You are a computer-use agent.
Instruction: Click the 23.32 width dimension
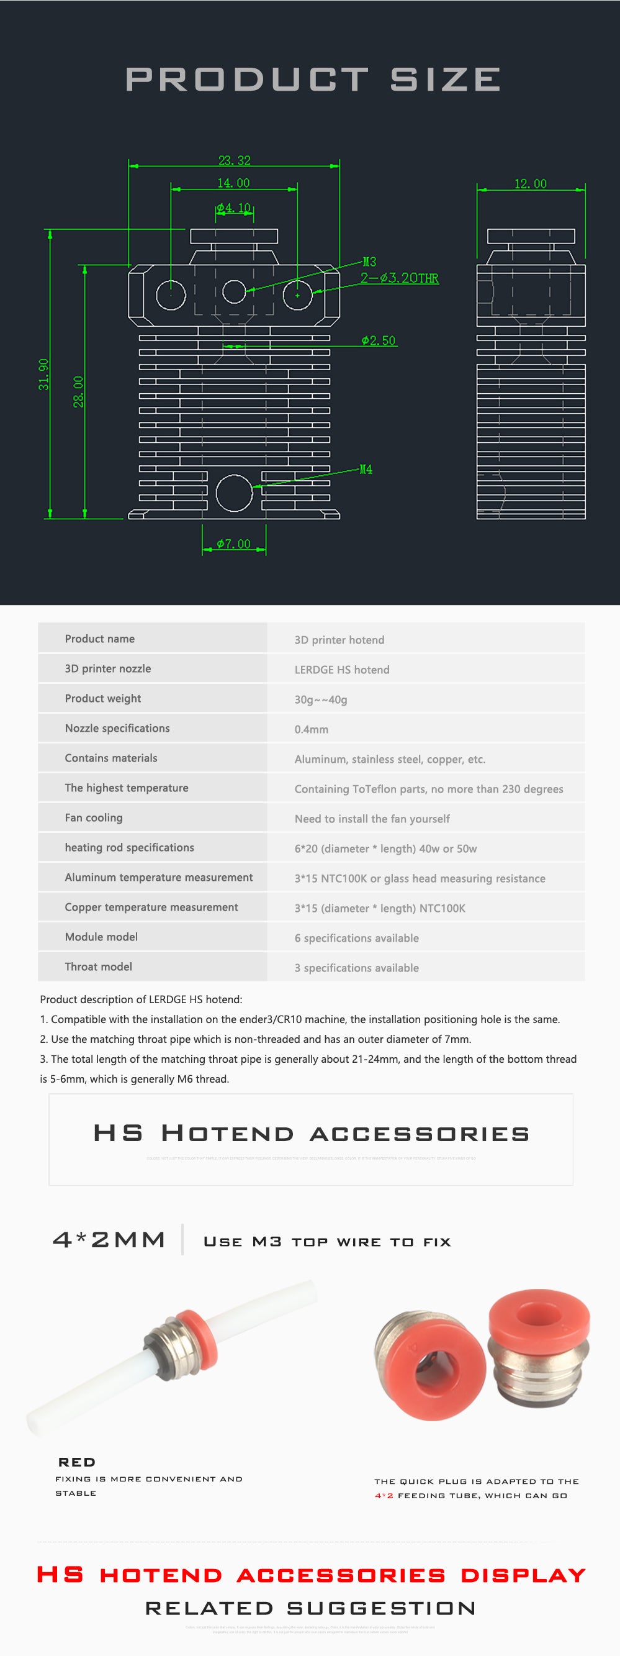point(234,160)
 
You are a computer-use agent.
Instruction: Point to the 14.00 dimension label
point(233,183)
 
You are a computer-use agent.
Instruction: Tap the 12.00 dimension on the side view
point(530,184)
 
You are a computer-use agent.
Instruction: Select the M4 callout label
point(366,470)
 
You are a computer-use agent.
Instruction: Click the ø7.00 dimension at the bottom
point(233,544)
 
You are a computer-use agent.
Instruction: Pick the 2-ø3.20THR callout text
point(399,278)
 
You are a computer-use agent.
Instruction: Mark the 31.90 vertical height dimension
point(43,374)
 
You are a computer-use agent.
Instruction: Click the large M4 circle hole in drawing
point(234,493)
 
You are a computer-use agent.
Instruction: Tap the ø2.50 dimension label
point(379,341)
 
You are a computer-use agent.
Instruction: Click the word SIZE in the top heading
point(445,80)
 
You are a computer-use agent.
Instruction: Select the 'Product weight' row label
point(103,698)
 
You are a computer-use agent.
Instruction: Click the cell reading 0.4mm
point(312,729)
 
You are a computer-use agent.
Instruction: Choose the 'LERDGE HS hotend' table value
point(342,669)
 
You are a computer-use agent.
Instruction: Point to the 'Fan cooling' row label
point(94,817)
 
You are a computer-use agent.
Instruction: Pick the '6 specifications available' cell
point(357,938)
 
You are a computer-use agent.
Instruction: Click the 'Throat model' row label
point(98,967)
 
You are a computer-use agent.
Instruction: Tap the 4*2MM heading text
point(109,1239)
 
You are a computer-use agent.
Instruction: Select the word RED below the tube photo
point(76,1462)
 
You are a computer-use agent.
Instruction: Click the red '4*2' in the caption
point(384,1496)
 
